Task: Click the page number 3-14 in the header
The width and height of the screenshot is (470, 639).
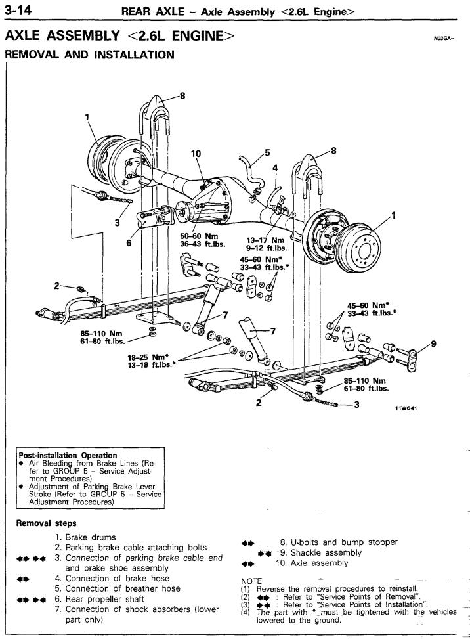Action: (x=18, y=11)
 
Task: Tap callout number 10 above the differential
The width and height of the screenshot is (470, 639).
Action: (x=196, y=154)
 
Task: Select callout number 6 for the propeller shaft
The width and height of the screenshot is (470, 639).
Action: (x=129, y=243)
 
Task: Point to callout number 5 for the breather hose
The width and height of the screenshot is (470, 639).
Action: (x=267, y=153)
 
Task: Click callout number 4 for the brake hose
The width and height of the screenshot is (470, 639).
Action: (x=275, y=168)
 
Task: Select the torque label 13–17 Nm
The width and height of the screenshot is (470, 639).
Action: (x=266, y=240)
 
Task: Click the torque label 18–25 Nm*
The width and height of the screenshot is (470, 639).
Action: (x=148, y=357)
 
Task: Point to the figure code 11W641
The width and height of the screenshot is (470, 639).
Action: (x=406, y=408)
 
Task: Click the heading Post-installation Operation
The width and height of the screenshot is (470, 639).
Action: (x=68, y=455)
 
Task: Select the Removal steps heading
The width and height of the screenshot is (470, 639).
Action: (x=46, y=523)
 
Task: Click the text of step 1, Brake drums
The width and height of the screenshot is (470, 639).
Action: (x=91, y=537)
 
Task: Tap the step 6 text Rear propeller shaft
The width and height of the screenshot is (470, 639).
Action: (x=104, y=599)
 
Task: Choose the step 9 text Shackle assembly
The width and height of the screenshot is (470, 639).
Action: (x=326, y=552)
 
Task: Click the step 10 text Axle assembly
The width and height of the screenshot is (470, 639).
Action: (x=319, y=563)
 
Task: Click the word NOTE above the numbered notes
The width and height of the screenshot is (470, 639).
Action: (x=251, y=581)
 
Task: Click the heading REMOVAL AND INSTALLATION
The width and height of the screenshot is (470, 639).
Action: (x=89, y=55)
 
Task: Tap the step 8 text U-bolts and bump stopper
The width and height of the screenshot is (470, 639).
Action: (x=344, y=542)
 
